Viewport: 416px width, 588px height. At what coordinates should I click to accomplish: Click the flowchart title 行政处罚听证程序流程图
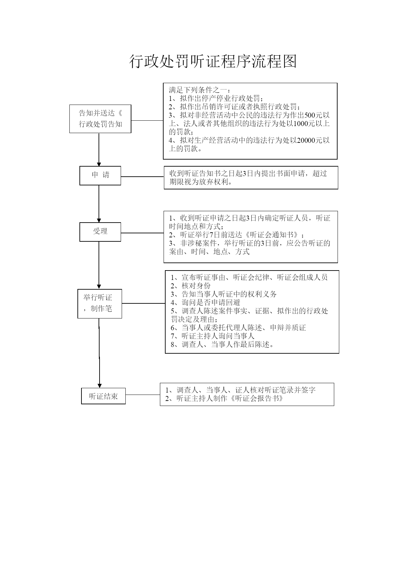[213, 62]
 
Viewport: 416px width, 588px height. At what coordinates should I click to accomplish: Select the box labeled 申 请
[100, 175]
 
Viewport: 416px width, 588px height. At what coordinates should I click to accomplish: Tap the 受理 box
[100, 232]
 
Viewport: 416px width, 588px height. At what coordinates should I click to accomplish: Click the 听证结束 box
[103, 396]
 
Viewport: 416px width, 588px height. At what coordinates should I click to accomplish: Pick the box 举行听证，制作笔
[100, 303]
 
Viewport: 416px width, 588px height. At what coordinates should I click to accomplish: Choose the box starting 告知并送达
[100, 119]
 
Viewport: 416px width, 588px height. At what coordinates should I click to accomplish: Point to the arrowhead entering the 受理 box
[99, 220]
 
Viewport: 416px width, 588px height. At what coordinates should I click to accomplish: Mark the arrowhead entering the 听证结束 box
[100, 386]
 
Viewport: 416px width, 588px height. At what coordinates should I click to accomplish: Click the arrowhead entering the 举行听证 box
[99, 286]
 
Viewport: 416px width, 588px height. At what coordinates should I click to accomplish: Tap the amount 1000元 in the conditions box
[304, 123]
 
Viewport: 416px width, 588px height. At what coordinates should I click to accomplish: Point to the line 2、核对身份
[191, 286]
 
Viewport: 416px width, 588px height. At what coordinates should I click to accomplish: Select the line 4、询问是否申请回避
[205, 302]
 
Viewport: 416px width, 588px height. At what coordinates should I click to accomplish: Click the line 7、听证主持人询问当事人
[213, 336]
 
